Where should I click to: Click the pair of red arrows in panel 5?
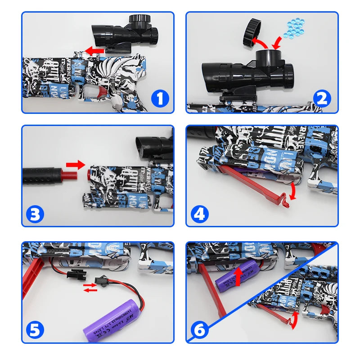point(90,287)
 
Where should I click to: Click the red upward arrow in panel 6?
point(238,275)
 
